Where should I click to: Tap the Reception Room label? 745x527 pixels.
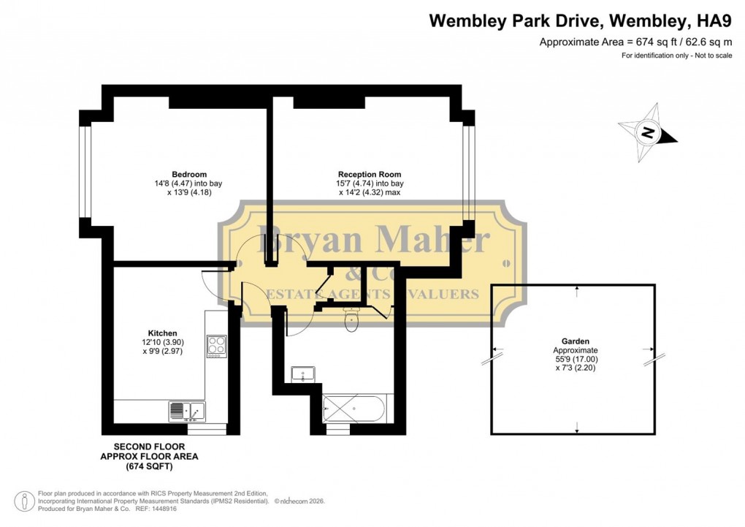coord(370,174)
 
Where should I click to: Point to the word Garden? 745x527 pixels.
coord(576,341)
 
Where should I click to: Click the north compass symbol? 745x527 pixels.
coord(647,132)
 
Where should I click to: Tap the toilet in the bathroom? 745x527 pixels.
coord(351,319)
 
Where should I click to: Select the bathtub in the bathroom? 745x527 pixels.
coord(358,408)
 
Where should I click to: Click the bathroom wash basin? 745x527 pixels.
coord(302,374)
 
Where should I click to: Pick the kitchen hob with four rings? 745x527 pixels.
coord(217,344)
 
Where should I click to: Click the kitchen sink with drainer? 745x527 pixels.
coord(187,412)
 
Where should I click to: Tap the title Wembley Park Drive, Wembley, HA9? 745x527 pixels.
coord(581,20)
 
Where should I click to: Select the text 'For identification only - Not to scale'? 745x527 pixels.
coord(676,56)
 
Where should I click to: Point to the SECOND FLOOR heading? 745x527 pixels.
coord(149,446)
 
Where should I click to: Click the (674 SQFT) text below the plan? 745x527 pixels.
coord(149,466)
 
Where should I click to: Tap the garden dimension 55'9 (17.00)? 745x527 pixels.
coord(576,360)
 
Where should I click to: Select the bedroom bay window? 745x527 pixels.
coord(85,172)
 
